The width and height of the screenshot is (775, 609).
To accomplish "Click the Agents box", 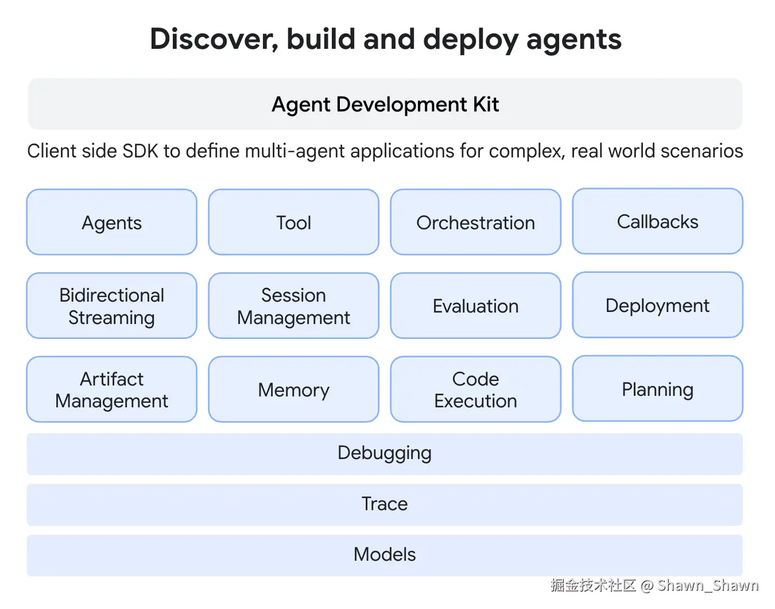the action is tap(111, 222).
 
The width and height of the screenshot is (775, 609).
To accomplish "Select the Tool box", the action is tap(293, 222).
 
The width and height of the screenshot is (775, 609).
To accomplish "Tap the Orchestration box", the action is tap(476, 222).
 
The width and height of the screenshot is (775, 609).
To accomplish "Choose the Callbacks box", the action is tap(658, 221).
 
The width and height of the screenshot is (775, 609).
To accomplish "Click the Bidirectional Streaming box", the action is tap(111, 306).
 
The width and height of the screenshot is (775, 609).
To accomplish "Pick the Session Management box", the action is tap(293, 306).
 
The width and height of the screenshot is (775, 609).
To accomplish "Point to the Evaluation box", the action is tap(476, 306).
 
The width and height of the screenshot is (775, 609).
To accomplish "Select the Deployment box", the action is tap(658, 305).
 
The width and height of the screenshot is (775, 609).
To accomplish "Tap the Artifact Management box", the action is tap(111, 389).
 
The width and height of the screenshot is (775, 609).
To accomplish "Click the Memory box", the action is tap(293, 389).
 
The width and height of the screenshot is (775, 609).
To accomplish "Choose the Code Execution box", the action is tap(476, 389).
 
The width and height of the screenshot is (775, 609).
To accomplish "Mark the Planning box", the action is tap(658, 388).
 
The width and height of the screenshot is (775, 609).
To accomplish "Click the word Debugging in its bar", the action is tap(385, 453).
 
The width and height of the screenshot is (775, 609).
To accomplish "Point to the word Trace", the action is tap(385, 504).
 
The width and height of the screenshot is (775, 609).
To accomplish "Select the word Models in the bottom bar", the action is tap(385, 554).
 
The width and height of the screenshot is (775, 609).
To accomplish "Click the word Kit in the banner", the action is tap(486, 104).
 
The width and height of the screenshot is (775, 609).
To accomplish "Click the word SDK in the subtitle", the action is tap(140, 151).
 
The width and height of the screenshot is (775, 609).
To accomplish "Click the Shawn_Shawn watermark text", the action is tap(708, 585).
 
